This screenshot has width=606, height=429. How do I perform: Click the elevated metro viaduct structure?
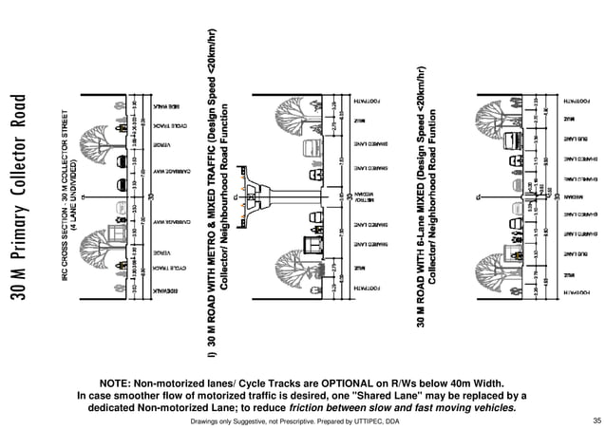[x=285, y=200]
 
